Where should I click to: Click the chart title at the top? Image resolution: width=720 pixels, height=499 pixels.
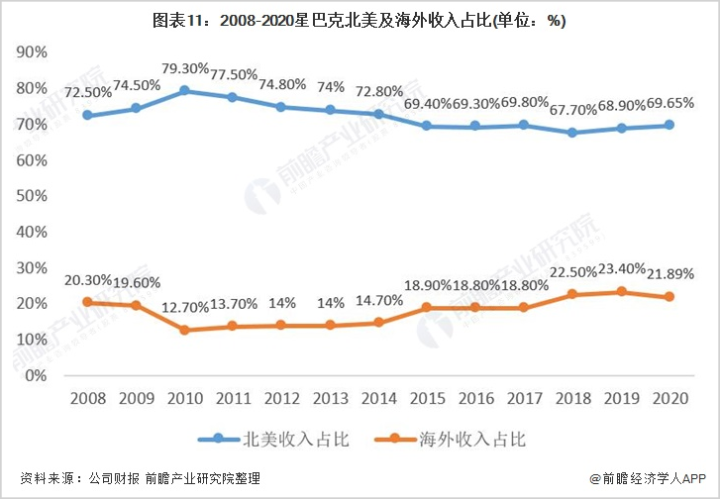click(360, 21)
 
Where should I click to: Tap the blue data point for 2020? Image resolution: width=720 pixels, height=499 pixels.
click(670, 125)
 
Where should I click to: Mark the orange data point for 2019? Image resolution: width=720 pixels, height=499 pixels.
click(622, 292)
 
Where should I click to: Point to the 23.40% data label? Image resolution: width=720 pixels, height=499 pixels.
click(622, 268)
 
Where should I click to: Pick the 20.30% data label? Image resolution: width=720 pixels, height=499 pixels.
click(88, 280)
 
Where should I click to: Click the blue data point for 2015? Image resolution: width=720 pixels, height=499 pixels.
click(426, 126)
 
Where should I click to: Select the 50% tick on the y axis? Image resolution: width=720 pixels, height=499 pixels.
click(34, 196)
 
